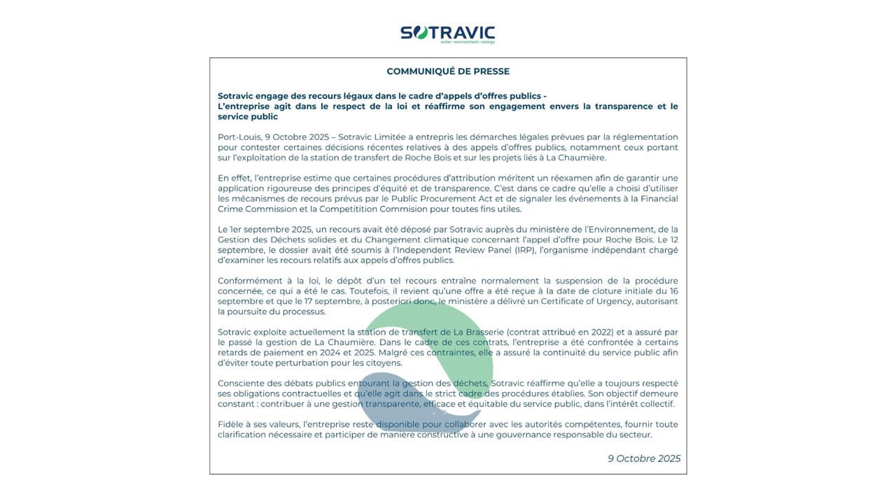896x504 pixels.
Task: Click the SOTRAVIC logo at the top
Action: (447, 34)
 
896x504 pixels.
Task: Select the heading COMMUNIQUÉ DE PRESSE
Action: (448, 71)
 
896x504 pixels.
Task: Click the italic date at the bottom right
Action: (644, 458)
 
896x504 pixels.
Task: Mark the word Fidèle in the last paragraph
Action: (230, 424)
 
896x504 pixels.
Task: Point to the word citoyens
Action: (384, 363)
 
